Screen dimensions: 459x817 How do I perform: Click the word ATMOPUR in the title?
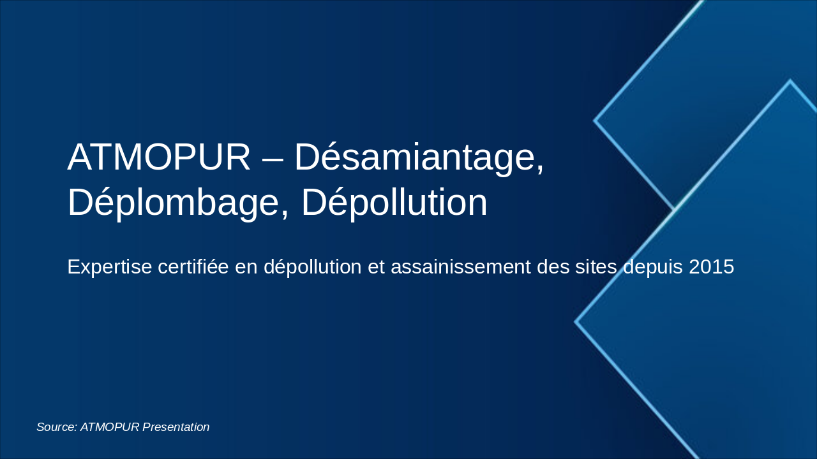point(159,157)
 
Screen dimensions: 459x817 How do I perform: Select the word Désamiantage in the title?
point(419,157)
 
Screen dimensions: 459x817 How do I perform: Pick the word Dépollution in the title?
point(394,203)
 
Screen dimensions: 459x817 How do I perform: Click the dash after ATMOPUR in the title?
point(272,158)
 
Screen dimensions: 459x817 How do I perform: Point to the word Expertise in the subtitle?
point(109,267)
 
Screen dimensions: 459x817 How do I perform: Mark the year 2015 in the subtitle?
point(711,267)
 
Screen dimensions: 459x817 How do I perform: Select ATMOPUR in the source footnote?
point(110,427)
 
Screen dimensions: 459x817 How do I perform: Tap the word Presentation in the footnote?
point(176,427)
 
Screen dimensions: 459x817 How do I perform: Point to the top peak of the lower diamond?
point(790,81)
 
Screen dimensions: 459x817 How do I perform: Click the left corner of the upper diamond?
point(595,120)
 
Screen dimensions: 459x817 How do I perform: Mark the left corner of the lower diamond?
point(576,322)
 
